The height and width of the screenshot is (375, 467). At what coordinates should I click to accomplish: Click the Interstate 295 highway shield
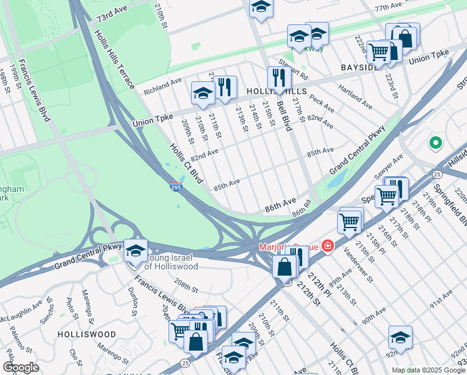[176, 186]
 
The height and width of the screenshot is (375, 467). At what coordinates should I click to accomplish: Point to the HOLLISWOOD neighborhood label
[86, 334]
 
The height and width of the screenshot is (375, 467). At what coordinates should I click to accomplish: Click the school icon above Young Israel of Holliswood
[135, 251]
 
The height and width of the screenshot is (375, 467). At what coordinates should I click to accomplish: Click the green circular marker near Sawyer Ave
[435, 143]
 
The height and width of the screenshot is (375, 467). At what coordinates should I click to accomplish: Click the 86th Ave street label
[280, 203]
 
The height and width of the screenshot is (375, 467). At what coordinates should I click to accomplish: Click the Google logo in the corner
[21, 367]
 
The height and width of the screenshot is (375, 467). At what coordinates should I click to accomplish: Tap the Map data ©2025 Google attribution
[428, 370]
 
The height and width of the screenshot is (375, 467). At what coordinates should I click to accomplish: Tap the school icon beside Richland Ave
[203, 93]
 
